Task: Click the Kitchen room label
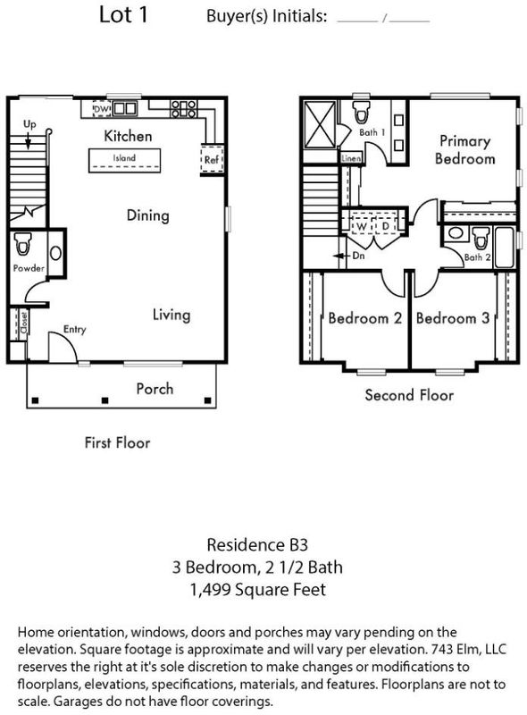point(128,136)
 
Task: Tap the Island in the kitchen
point(124,160)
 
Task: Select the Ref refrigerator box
point(212,160)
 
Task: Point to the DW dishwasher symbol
point(102,108)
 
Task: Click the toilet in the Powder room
point(22,244)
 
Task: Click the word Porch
point(155,389)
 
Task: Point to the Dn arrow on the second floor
point(341,256)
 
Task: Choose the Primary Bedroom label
point(464,149)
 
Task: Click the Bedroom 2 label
point(364,318)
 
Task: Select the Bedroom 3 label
point(453,318)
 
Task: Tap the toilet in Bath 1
point(362,112)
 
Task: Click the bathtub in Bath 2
point(504,247)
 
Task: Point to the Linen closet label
point(351,158)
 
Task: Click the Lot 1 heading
point(123,14)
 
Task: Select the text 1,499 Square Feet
point(257,590)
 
